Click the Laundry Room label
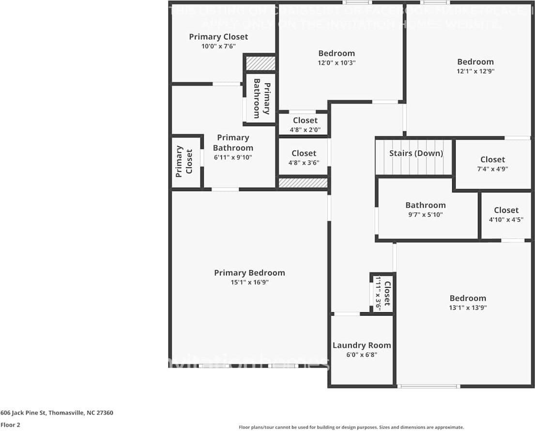pyautogui.click(x=362, y=345)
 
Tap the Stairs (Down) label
pyautogui.click(x=416, y=153)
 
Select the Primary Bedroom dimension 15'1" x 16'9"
pyautogui.click(x=249, y=282)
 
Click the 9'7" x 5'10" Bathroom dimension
pyautogui.click(x=426, y=214)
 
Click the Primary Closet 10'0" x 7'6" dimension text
pyautogui.click(x=218, y=46)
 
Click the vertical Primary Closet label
pyautogui.click(x=184, y=161)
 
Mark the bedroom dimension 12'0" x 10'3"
pyautogui.click(x=336, y=63)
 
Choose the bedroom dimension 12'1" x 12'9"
pyautogui.click(x=475, y=71)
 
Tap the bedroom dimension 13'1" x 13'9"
pyautogui.click(x=467, y=307)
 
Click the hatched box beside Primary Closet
pyautogui.click(x=260, y=64)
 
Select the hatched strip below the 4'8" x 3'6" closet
pyautogui.click(x=303, y=183)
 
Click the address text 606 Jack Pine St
pyautogui.click(x=57, y=413)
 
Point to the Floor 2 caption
pyautogui.click(x=10, y=425)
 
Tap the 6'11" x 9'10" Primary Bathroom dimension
pyautogui.click(x=233, y=157)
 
